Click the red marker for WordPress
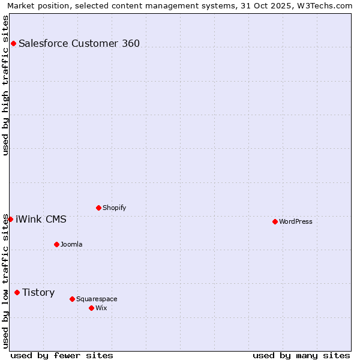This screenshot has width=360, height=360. pos(275,221)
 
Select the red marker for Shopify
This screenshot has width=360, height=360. pos(98,208)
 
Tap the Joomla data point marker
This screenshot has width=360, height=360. pos(56,244)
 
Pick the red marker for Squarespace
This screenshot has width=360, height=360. pos(72,299)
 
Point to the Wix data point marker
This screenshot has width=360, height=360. pos(91,308)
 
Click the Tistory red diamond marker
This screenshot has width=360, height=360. pos(17,292)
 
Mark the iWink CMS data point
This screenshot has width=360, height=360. pos(10,219)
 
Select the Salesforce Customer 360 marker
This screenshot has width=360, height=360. pos(13,43)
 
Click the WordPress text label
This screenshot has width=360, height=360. pos(296,221)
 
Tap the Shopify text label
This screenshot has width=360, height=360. pos(114,208)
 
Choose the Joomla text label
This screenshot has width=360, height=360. pos(71,244)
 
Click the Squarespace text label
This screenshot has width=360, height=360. pos(97,299)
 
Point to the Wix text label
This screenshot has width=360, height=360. pos(101,308)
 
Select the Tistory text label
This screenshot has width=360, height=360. pos(38,292)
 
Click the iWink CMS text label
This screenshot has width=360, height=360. pos(41,219)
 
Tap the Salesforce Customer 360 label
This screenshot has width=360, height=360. pos(79,43)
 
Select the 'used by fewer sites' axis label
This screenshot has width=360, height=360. pos(62,355)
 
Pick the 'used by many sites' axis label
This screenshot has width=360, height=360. pos(301,355)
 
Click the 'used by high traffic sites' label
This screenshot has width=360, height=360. pos(5,85)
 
